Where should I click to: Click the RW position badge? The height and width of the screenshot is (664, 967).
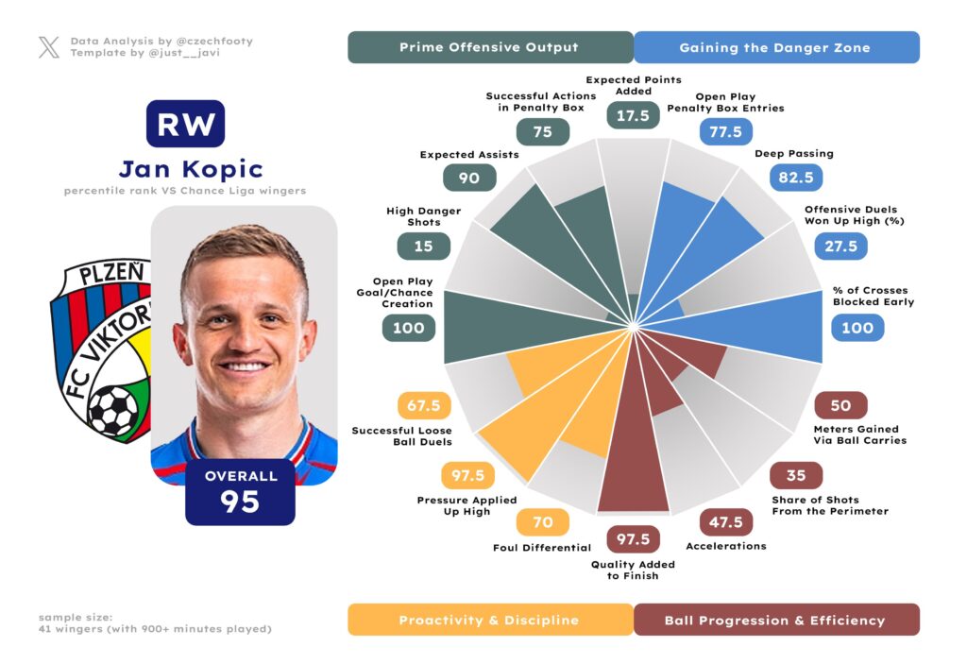coord(185,125)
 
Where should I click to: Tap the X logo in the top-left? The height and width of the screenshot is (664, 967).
coord(48,47)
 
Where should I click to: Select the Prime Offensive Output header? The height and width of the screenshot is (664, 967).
coord(489,47)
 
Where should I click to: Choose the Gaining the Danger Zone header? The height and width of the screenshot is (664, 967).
coord(774,47)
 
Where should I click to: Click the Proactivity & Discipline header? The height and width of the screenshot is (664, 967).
coord(489,621)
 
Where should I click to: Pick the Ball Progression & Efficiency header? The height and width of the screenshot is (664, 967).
coord(774,621)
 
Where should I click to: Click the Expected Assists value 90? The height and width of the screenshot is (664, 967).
coord(469,178)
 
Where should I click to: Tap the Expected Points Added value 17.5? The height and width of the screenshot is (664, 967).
coord(633,115)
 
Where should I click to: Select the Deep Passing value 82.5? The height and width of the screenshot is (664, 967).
coord(796,177)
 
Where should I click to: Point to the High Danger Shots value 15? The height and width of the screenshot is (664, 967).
coord(424,246)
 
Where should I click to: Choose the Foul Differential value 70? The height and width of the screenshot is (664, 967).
coord(542,521)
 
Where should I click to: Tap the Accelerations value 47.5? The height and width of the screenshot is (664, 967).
coord(726,521)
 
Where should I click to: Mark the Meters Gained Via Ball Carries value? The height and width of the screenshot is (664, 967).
coord(840,406)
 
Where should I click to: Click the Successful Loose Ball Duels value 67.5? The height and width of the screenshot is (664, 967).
coord(424,406)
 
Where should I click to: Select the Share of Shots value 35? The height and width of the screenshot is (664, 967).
coord(796,476)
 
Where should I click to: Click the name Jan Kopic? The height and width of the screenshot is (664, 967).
coord(191,170)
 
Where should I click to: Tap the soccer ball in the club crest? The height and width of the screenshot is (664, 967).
coord(113,411)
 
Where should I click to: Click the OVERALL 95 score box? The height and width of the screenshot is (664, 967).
coord(241,491)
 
